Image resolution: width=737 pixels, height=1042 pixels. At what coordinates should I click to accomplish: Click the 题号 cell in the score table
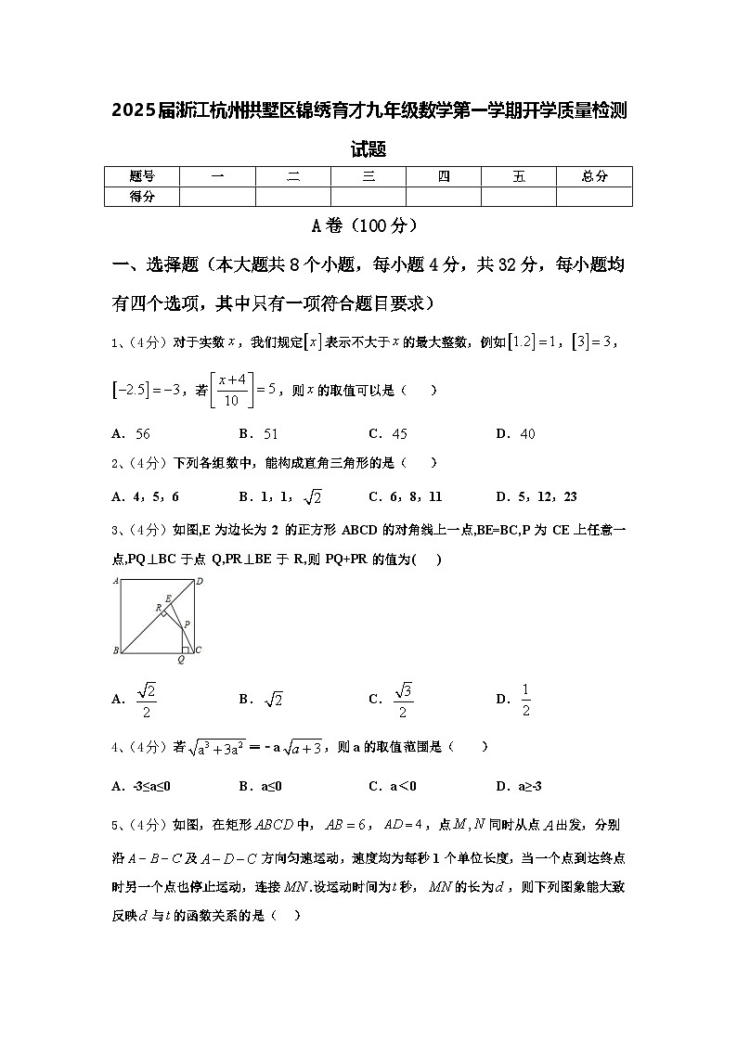141,176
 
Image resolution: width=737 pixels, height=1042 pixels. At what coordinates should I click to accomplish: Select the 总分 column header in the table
594,176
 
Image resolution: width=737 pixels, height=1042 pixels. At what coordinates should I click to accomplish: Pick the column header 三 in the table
368,176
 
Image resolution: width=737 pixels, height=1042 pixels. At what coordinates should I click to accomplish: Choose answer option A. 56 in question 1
131,433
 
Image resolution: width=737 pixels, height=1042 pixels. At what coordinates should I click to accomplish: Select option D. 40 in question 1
515,433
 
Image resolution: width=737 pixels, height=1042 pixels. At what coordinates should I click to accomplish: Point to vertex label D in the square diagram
199,582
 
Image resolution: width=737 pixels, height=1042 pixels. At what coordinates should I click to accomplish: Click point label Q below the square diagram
181,661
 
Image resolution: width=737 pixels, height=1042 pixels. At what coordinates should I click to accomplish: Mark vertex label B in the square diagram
116,650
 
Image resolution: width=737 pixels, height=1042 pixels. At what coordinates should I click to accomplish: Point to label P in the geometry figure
187,624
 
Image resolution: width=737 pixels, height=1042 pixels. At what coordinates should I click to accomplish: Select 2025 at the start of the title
133,112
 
